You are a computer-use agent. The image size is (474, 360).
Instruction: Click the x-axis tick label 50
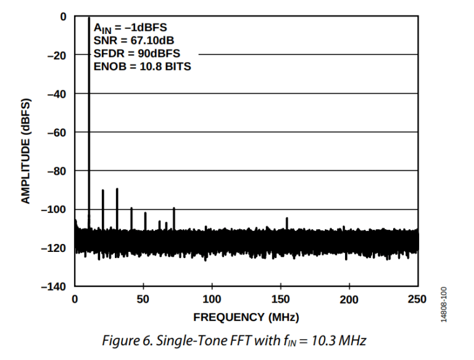[x=143, y=299]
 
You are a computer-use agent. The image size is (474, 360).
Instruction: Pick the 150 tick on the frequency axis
[x=280, y=299]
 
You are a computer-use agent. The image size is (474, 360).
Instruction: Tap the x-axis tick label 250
[x=417, y=299]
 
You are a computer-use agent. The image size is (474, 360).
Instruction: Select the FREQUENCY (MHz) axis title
[x=246, y=317]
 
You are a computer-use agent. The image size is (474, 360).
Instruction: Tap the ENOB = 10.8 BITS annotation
[x=142, y=67]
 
